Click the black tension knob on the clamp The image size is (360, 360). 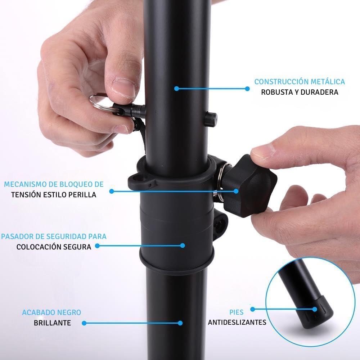[x=254, y=185]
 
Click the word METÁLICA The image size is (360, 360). [x=328, y=82]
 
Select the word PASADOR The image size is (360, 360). [x=15, y=237]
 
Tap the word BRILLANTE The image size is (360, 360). [x=52, y=323]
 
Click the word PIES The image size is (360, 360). [x=236, y=312]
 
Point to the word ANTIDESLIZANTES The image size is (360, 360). [x=237, y=322]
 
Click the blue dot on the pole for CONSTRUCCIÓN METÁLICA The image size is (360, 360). [x=176, y=88]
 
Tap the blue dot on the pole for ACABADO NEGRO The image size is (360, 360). [x=180, y=323]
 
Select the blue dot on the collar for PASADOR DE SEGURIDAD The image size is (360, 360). [x=183, y=246]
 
